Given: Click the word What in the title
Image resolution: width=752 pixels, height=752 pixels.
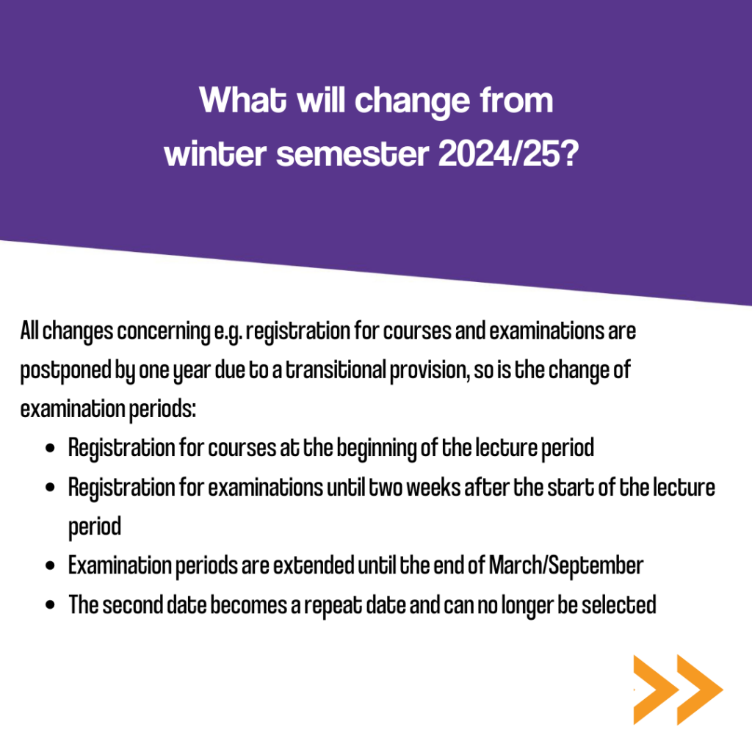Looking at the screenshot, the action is pyautogui.click(x=242, y=100).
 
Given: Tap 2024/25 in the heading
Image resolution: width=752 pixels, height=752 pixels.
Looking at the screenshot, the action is pyautogui.click(x=509, y=154).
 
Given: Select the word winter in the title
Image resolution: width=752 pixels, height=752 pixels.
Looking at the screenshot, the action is pyautogui.click(x=215, y=154).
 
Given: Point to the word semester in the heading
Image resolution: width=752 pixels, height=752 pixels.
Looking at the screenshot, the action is pyautogui.click(x=352, y=154).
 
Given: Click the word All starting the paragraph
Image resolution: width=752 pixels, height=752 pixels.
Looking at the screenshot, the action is pyautogui.click(x=29, y=330).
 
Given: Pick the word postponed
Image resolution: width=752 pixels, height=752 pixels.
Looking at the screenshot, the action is pyautogui.click(x=65, y=371).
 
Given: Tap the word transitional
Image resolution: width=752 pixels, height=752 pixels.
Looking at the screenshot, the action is pyautogui.click(x=336, y=370).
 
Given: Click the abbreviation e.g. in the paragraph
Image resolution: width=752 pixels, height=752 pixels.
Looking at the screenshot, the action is pyautogui.click(x=228, y=332).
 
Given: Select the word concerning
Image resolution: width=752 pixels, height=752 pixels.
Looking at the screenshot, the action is pyautogui.click(x=164, y=332).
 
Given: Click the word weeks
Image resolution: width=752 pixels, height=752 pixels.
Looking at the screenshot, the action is pyautogui.click(x=433, y=488).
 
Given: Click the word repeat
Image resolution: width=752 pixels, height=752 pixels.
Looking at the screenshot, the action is pyautogui.click(x=333, y=606).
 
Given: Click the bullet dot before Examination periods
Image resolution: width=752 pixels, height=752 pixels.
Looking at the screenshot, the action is pyautogui.click(x=50, y=566).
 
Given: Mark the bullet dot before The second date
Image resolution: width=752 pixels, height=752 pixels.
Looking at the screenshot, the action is pyautogui.click(x=50, y=605).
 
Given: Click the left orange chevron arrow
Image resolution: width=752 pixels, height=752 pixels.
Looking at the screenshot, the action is pyautogui.click(x=655, y=690).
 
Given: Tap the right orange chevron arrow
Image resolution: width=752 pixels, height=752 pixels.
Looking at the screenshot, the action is pyautogui.click(x=699, y=690).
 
